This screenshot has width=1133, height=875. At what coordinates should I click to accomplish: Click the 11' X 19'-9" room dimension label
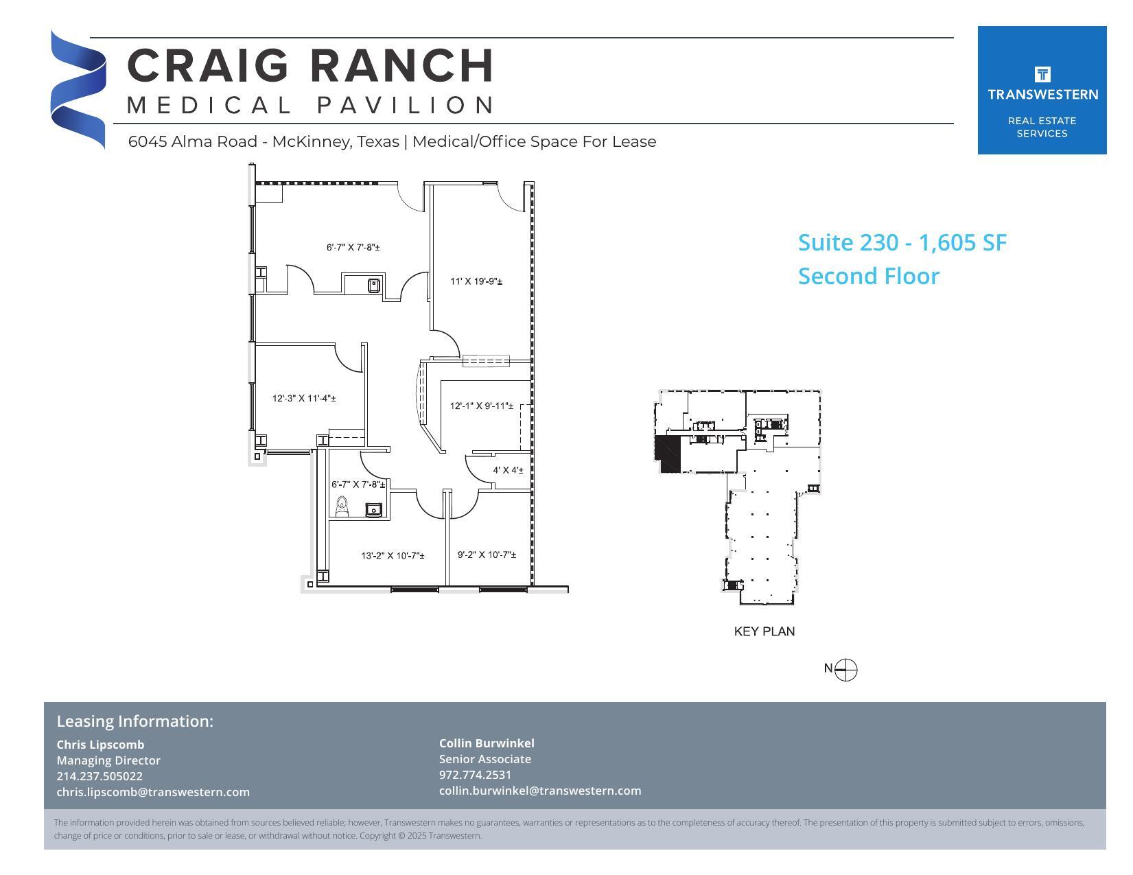pyautogui.click(x=476, y=281)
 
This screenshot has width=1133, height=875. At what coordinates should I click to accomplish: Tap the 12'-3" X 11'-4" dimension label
pyautogui.click(x=304, y=398)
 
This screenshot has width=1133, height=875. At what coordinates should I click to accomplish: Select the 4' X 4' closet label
pyautogui.click(x=508, y=470)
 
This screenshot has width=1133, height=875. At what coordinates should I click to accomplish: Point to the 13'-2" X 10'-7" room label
pyautogui.click(x=393, y=555)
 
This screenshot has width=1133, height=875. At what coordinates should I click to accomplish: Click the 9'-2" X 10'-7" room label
pyautogui.click(x=487, y=555)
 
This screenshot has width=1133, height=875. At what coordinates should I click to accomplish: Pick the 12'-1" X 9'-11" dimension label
pyautogui.click(x=482, y=406)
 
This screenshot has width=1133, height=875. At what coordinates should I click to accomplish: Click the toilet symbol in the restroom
pyautogui.click(x=342, y=507)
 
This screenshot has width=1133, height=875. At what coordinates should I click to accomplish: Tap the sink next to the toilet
pyautogui.click(x=373, y=509)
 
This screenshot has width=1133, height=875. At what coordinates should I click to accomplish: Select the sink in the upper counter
pyautogui.click(x=374, y=284)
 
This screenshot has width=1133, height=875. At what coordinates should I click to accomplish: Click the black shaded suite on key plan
pyautogui.click(x=668, y=453)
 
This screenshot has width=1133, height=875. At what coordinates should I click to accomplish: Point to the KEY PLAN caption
pyautogui.click(x=764, y=631)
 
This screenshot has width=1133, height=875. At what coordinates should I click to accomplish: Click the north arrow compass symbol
pyautogui.click(x=847, y=669)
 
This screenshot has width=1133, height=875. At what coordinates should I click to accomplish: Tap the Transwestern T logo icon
pyautogui.click(x=1042, y=74)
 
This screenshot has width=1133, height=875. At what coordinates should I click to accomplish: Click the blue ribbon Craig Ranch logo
pyautogui.click(x=78, y=89)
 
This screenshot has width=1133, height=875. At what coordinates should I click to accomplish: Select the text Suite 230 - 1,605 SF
pyautogui.click(x=902, y=242)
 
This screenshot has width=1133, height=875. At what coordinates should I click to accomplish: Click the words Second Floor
pyautogui.click(x=868, y=276)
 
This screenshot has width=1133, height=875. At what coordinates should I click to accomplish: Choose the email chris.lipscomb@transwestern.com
pyautogui.click(x=153, y=792)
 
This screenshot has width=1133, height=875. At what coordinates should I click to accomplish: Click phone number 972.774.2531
pyautogui.click(x=475, y=775)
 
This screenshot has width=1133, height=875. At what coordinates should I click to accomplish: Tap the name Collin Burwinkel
pyautogui.click(x=487, y=743)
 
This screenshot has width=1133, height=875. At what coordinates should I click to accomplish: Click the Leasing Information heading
pyautogui.click(x=135, y=721)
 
